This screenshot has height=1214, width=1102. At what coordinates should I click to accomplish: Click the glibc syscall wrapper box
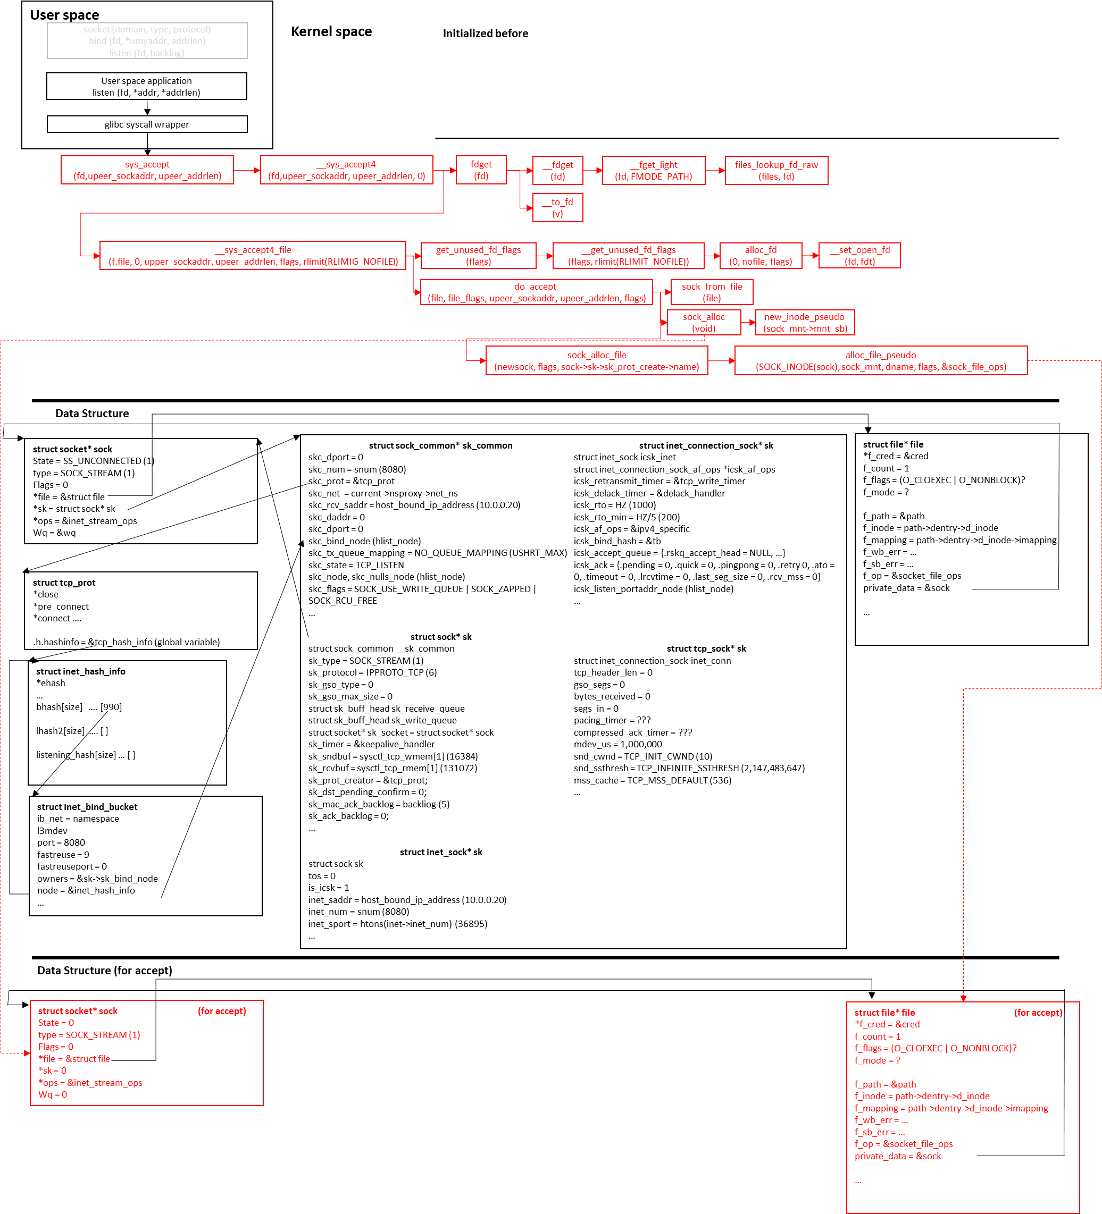[x=147, y=124]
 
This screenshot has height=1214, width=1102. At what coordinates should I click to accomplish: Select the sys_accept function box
[x=147, y=170]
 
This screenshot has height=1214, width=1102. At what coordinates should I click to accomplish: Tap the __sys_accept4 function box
[x=346, y=170]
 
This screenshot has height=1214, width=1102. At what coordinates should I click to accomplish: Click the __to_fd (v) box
[x=557, y=208]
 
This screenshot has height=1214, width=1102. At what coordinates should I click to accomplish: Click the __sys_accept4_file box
[x=253, y=255]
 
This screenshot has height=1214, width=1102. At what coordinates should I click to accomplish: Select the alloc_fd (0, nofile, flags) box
[x=761, y=255]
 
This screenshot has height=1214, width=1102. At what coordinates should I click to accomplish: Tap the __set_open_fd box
[x=859, y=255]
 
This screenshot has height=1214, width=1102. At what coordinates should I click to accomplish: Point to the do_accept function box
[x=536, y=292]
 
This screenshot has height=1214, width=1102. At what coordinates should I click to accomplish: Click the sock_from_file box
[x=712, y=292]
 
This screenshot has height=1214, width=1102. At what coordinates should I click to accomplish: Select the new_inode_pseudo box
[x=805, y=322]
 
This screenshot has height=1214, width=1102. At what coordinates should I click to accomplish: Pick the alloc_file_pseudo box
[x=880, y=361]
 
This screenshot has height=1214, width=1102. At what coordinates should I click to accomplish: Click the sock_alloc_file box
[x=597, y=361]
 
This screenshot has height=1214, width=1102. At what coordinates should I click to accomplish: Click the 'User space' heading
[x=64, y=15]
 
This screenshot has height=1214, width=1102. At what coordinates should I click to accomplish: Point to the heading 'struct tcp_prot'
[x=64, y=583]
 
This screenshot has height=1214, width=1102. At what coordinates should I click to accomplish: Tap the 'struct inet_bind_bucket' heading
[x=87, y=807]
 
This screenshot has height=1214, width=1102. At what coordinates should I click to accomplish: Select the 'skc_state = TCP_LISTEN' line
[x=356, y=565]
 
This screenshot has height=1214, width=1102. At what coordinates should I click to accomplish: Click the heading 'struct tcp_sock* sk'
[x=706, y=648]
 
